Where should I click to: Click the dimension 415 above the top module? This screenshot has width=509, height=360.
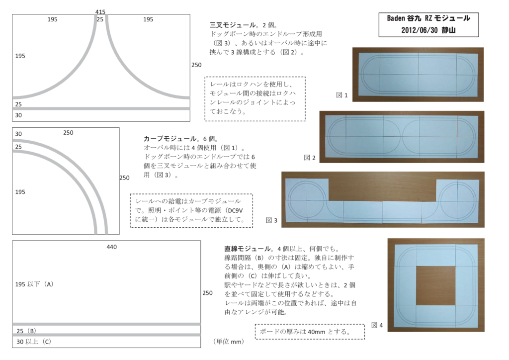[x=100, y=11]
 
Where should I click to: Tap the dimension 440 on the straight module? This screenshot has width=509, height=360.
[x=111, y=247]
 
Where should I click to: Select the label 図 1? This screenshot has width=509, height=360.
[x=341, y=94]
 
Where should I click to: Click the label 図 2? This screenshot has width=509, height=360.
[x=310, y=158]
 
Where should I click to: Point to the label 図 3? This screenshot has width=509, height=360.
[x=271, y=220]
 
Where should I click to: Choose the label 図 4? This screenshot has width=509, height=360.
[x=377, y=325]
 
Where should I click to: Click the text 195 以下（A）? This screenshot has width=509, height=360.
[x=34, y=284]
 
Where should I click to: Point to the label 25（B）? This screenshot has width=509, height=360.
[x=26, y=331]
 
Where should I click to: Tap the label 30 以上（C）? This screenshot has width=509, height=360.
[x=34, y=342]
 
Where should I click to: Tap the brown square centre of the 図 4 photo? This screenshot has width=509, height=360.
[x=435, y=285]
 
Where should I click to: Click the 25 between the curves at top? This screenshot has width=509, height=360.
[x=100, y=19]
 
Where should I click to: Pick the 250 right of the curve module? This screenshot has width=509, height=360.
[x=125, y=178]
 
